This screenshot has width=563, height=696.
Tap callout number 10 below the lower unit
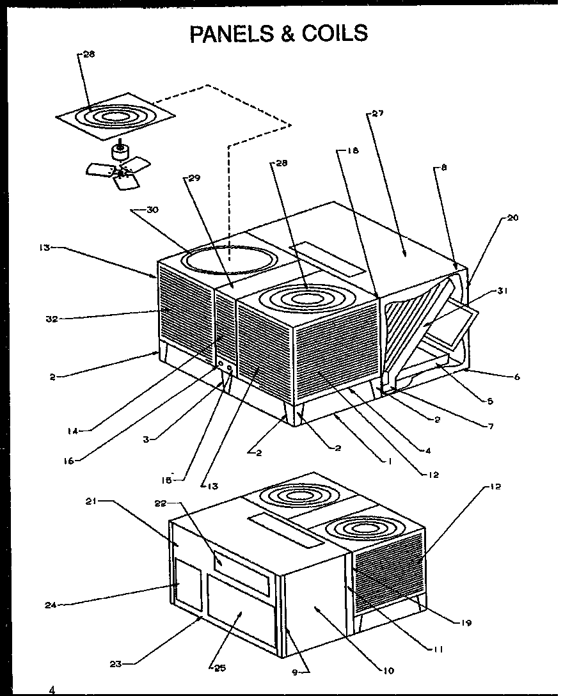390,670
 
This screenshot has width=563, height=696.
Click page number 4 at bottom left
52,690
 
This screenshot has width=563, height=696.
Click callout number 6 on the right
516,377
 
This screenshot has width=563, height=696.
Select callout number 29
194,178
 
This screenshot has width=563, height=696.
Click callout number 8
444,168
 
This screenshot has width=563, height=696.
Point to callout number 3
147,439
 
